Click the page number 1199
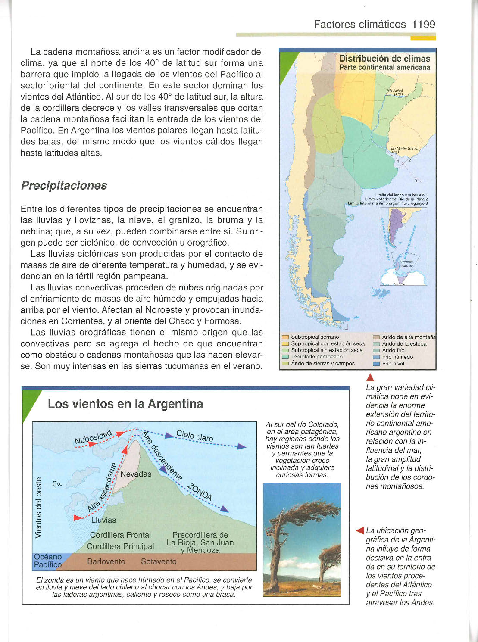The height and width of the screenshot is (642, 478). coord(423,24)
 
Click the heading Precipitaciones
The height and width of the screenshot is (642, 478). coord(64,185)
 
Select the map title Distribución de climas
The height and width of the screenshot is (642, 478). coord(384,59)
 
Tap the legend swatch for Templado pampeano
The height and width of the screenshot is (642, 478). coord(285,357)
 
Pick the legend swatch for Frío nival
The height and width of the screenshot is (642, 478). coord(376,364)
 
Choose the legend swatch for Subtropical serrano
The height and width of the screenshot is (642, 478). coord(285,337)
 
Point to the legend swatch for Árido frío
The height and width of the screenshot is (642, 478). coord(376,350)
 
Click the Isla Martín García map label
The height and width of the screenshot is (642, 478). coord(403,150)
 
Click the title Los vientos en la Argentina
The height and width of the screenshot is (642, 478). coord(125,404)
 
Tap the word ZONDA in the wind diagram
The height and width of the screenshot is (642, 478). coord(200,492)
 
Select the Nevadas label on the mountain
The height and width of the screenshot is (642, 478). coord(136,474)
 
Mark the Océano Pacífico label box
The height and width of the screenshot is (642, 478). coord(47,561)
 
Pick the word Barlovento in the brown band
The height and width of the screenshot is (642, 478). coord(106,561)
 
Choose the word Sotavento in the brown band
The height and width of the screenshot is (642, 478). coord(159,561)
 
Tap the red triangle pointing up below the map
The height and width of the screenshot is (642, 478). coord(369,378)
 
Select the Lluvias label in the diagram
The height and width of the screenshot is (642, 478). coord(103,520)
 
